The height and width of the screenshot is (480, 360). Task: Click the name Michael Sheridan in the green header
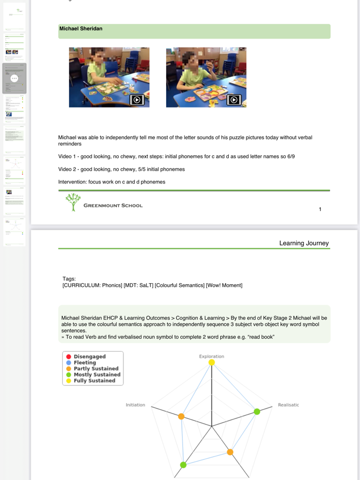pos(81,29)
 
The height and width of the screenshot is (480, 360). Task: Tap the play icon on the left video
pos(137,100)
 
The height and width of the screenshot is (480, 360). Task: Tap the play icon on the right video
pos(233,100)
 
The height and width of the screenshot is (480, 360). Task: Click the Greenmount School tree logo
pos(74,201)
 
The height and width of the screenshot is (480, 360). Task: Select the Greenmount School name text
pos(113,206)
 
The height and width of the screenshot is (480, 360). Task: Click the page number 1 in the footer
pos(320,209)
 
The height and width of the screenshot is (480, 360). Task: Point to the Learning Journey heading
pos(303,243)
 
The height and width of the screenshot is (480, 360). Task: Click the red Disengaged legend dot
pos(68,357)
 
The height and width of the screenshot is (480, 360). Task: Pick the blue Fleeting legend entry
pos(84,363)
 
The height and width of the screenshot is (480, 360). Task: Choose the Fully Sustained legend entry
pos(94,381)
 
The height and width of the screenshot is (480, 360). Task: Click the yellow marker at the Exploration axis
pos(211,363)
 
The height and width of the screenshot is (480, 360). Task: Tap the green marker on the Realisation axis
pos(257,412)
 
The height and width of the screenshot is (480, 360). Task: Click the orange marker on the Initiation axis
pos(181,416)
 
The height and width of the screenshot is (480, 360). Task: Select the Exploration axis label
pos(211,356)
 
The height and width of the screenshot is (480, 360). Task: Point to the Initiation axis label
pos(135,405)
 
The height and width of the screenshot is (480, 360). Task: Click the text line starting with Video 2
pos(121,169)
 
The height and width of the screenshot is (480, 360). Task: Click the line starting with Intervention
pos(112,182)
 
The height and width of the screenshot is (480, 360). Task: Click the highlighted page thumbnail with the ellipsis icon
pos(14,78)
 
